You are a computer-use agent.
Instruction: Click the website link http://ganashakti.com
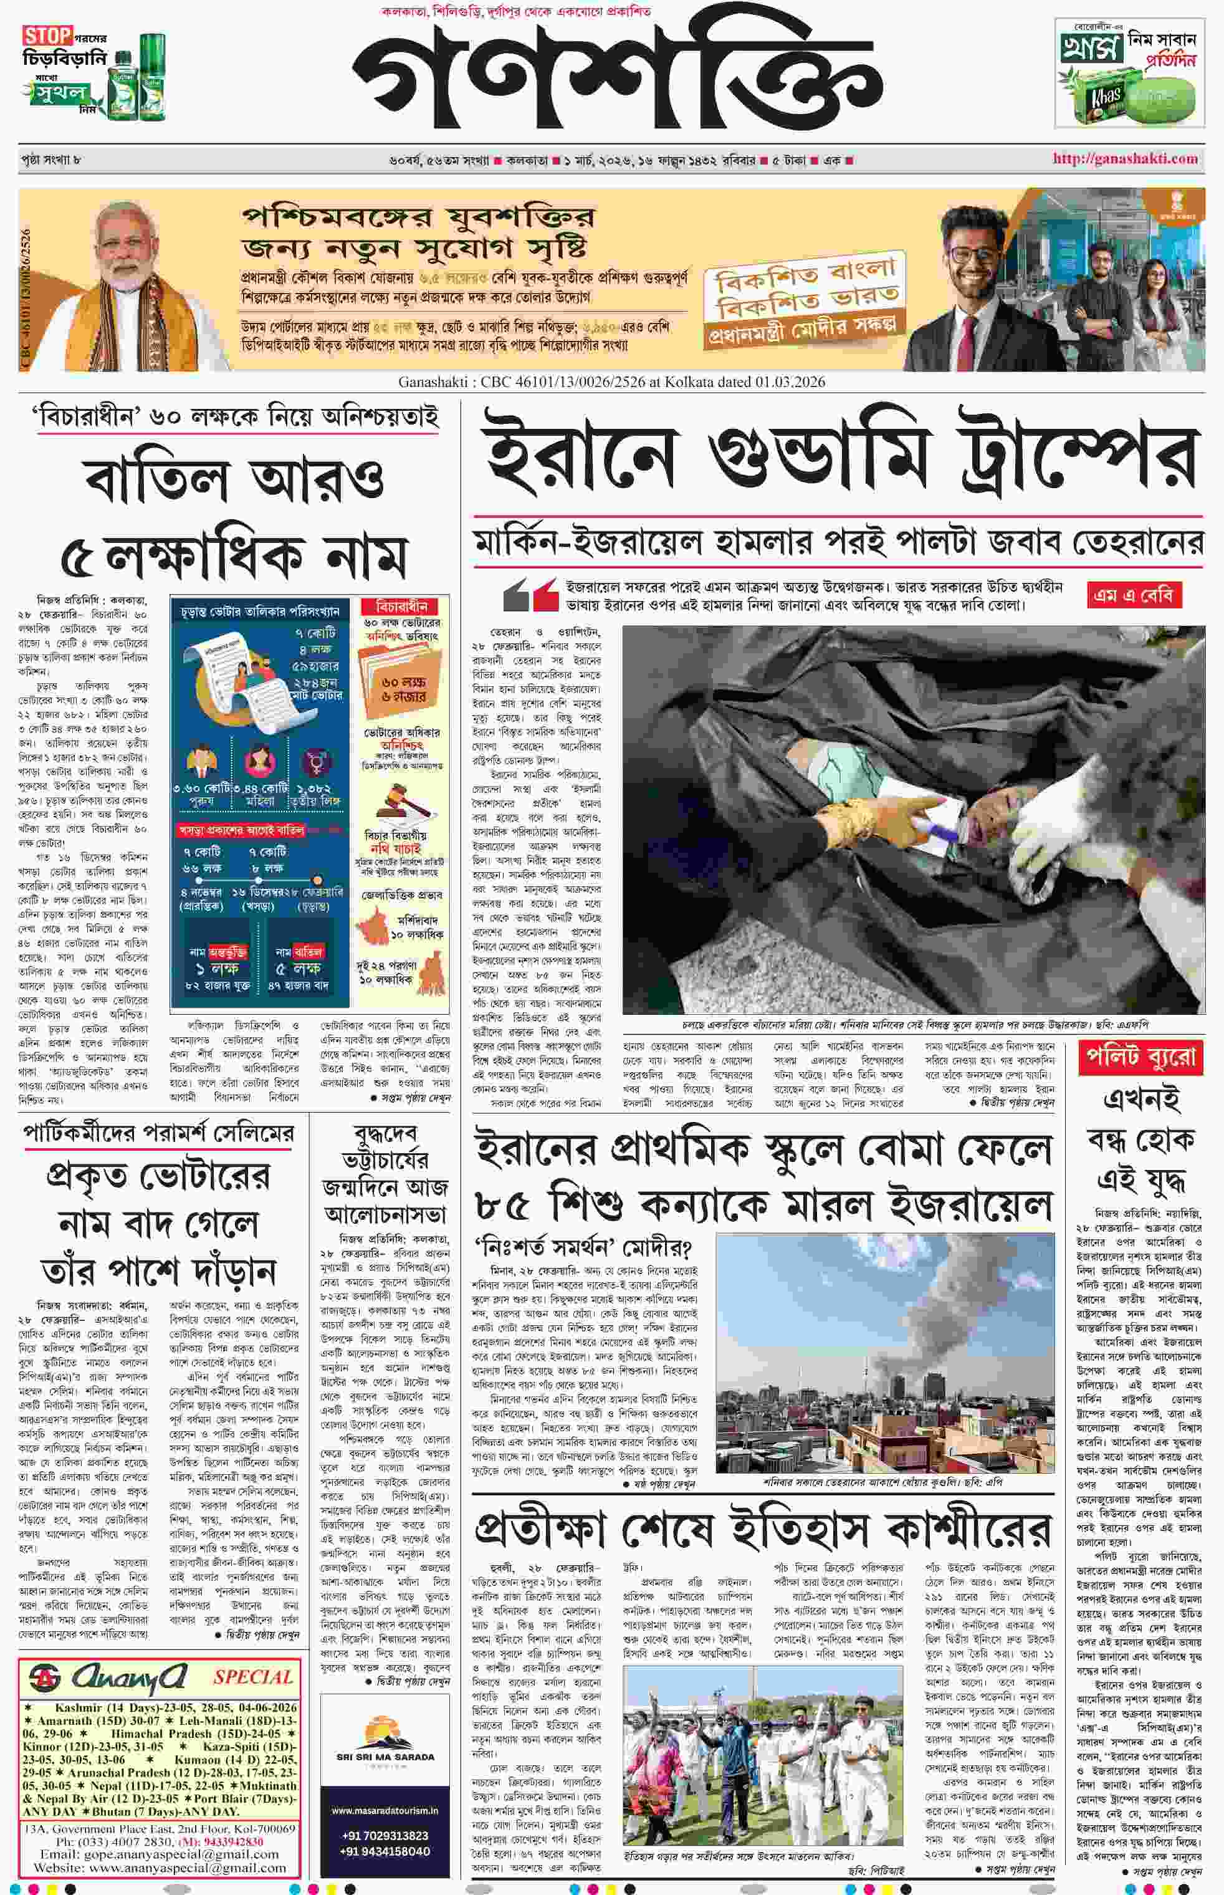pos(1125,158)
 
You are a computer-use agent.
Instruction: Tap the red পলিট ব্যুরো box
pos(1140,1057)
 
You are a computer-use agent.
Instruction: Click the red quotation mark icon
pos(530,595)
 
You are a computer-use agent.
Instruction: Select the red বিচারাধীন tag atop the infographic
pos(401,607)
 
